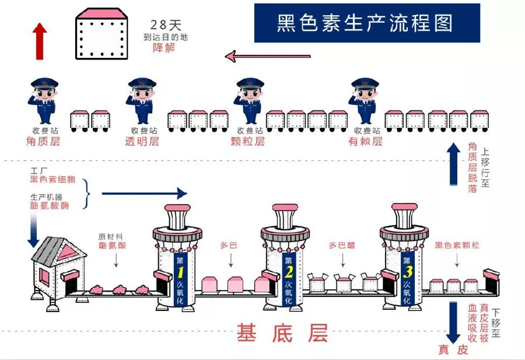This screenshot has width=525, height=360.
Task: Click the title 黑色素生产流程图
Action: pyautogui.click(x=365, y=23)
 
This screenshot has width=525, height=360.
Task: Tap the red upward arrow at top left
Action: pyautogui.click(x=40, y=41)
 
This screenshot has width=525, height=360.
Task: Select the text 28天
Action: pyautogui.click(x=166, y=25)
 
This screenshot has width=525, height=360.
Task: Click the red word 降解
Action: pyautogui.click(x=164, y=48)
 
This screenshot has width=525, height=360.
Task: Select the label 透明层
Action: pyautogui.click(x=142, y=141)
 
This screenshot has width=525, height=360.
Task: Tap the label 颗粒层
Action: pyautogui.click(x=248, y=141)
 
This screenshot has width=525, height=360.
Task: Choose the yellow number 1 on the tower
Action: pyautogui.click(x=180, y=272)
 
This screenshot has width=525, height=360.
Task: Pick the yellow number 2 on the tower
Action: pyautogui.click(x=288, y=272)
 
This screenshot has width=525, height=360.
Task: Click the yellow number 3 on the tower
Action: pyautogui.click(x=407, y=272)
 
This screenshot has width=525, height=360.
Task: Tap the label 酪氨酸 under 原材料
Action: pyautogui.click(x=113, y=246)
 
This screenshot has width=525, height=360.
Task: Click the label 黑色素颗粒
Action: pyautogui.click(x=457, y=246)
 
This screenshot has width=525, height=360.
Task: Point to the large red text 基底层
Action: pyautogui.click(x=282, y=333)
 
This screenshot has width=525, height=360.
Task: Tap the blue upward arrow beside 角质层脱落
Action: pyautogui.click(x=453, y=164)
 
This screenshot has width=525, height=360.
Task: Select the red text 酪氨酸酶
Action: pyautogui.click(x=50, y=205)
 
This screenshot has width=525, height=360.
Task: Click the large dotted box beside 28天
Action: pyautogui.click(x=101, y=34)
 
